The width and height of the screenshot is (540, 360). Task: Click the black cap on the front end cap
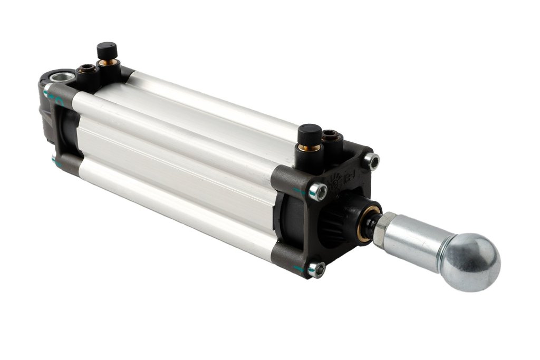(x=310, y=131)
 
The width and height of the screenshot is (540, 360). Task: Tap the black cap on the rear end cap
(x=107, y=51)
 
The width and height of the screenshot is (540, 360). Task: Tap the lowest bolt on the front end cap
(x=317, y=270)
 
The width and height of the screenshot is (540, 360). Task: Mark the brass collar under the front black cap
(x=312, y=148)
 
